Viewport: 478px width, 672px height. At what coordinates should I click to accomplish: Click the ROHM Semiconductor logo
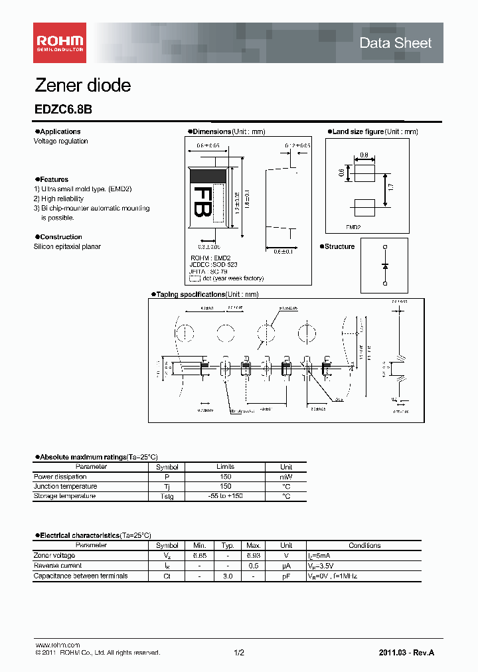coord(60,42)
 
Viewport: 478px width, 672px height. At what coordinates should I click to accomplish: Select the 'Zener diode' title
coord(82,86)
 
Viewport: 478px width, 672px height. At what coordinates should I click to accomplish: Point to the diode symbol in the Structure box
coord(385,266)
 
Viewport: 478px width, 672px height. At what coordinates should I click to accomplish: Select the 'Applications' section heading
coord(60,131)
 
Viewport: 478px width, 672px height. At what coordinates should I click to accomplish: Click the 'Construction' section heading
coord(60,237)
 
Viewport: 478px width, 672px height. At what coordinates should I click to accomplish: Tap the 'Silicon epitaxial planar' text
coord(67,246)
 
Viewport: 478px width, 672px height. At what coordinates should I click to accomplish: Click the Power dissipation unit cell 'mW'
coord(285,477)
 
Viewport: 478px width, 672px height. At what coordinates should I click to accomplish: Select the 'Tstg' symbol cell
coord(167,496)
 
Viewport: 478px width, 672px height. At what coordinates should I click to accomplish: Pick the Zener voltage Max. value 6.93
coord(253,555)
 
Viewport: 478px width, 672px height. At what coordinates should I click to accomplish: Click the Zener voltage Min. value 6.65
coord(199,555)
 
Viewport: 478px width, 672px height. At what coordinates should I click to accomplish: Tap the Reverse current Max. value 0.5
coord(253,566)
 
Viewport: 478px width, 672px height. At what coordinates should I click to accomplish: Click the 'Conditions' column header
coord(364,545)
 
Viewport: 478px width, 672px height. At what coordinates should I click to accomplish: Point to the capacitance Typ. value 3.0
coord(226,576)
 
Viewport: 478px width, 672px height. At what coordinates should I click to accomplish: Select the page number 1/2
coord(239,653)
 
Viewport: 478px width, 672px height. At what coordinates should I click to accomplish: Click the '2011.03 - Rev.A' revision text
coord(406,653)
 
